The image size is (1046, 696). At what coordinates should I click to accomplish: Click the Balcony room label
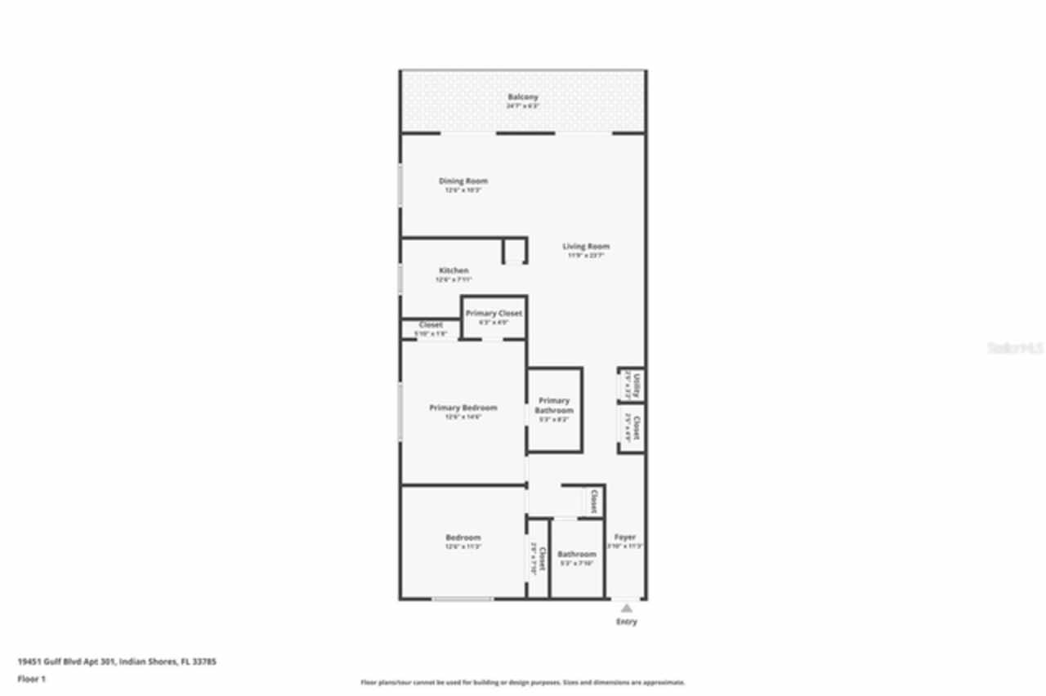pyautogui.click(x=522, y=97)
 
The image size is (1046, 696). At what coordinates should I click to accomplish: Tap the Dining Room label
pyautogui.click(x=463, y=181)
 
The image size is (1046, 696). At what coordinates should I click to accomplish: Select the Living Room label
pyautogui.click(x=586, y=246)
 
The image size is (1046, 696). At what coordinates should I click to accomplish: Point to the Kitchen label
pyautogui.click(x=454, y=270)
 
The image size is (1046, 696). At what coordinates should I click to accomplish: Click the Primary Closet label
pyautogui.click(x=494, y=313)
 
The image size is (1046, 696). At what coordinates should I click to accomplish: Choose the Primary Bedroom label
pyautogui.click(x=463, y=408)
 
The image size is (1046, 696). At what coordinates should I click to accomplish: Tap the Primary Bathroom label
pyautogui.click(x=554, y=405)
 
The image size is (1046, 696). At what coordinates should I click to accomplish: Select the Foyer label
pyautogui.click(x=625, y=538)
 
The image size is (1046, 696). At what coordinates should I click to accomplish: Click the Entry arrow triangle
pyautogui.click(x=626, y=608)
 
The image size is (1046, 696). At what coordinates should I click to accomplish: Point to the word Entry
pyautogui.click(x=626, y=622)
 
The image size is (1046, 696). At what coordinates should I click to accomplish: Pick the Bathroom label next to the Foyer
pyautogui.click(x=577, y=554)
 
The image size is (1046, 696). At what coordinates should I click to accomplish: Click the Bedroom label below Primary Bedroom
pyautogui.click(x=463, y=538)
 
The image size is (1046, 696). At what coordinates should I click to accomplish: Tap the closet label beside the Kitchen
pyautogui.click(x=431, y=325)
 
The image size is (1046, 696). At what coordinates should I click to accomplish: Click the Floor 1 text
pyautogui.click(x=32, y=678)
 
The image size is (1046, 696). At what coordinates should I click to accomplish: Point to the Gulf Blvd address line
pyautogui.click(x=117, y=662)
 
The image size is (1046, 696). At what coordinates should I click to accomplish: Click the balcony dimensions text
pyautogui.click(x=522, y=105)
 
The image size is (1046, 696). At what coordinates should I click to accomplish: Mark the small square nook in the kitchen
pyautogui.click(x=514, y=251)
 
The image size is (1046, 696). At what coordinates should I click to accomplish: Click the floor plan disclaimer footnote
pyautogui.click(x=523, y=682)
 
